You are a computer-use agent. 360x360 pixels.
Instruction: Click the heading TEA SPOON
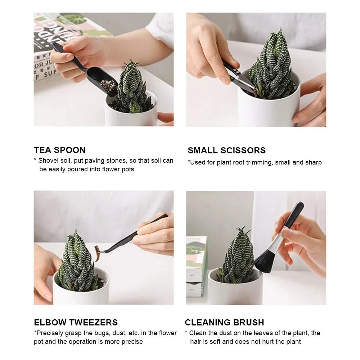(x=60, y=150)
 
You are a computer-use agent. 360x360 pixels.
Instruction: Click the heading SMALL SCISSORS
(x=226, y=150)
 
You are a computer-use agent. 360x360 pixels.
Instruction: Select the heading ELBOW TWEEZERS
(x=76, y=322)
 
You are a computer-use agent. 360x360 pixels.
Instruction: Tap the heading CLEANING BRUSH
(x=224, y=322)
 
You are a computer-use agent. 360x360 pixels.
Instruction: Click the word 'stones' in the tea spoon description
(x=114, y=161)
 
